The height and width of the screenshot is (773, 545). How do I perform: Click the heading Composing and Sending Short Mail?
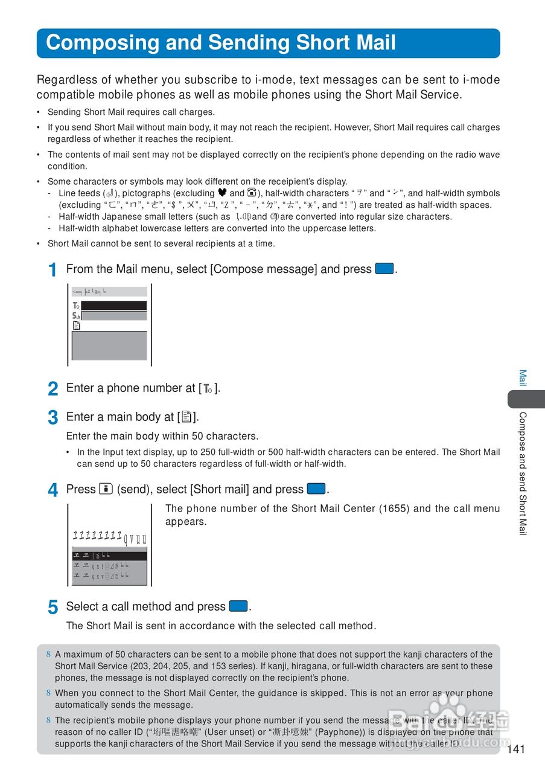(221, 43)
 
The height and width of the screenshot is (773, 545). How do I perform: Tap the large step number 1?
(53, 270)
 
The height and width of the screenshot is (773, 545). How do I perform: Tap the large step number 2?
(53, 389)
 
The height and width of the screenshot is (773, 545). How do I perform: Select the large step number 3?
(53, 418)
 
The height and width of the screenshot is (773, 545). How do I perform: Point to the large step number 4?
(53, 490)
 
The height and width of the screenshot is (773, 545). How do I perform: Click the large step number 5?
(53, 608)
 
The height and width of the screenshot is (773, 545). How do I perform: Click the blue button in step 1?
(384, 269)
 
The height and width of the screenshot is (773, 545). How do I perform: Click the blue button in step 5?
(239, 606)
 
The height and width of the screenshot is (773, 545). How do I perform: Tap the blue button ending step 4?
(316, 489)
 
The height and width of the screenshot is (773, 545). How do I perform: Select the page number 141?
(516, 749)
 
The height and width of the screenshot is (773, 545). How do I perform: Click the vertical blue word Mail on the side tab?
(523, 378)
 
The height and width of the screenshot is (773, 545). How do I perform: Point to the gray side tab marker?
(526, 399)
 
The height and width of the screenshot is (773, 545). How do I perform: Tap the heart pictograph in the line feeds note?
(222, 193)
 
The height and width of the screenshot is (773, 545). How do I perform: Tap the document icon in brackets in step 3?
(187, 417)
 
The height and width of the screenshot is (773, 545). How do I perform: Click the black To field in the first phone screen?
(113, 306)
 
